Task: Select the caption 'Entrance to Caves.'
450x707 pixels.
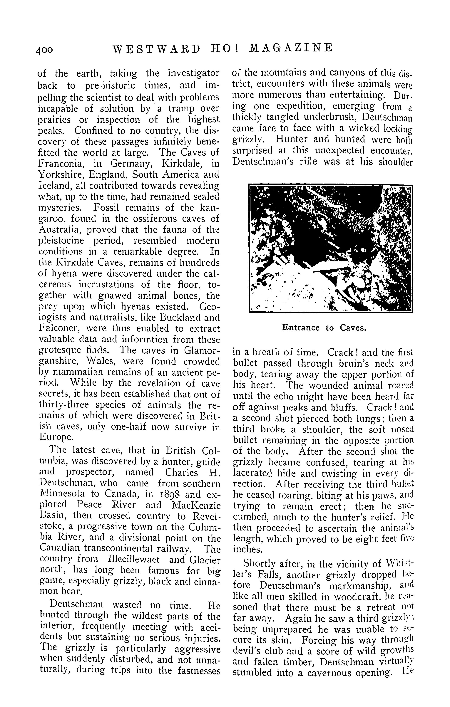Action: pos(324,328)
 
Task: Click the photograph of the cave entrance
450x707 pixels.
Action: pos(331,248)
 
